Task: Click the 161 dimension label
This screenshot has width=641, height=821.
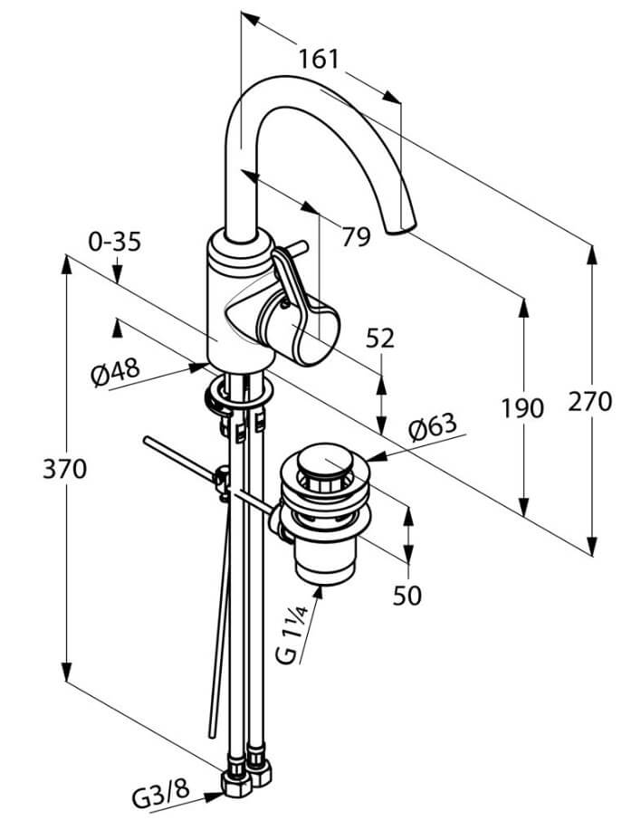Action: point(319,59)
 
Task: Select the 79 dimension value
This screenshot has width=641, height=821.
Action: point(356,236)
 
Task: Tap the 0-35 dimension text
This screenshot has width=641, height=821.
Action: point(115,242)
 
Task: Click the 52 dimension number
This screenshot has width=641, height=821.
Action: point(379,339)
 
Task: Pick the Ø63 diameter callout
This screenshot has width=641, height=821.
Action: point(433,426)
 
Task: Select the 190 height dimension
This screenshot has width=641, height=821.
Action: point(522,408)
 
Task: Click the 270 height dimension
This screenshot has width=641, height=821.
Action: point(590,402)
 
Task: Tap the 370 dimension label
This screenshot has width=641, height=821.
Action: point(64,469)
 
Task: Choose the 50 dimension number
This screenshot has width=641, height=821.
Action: point(407,596)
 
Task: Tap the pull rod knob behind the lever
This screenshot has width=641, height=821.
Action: point(296,246)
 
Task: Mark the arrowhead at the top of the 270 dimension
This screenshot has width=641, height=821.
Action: point(592,255)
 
